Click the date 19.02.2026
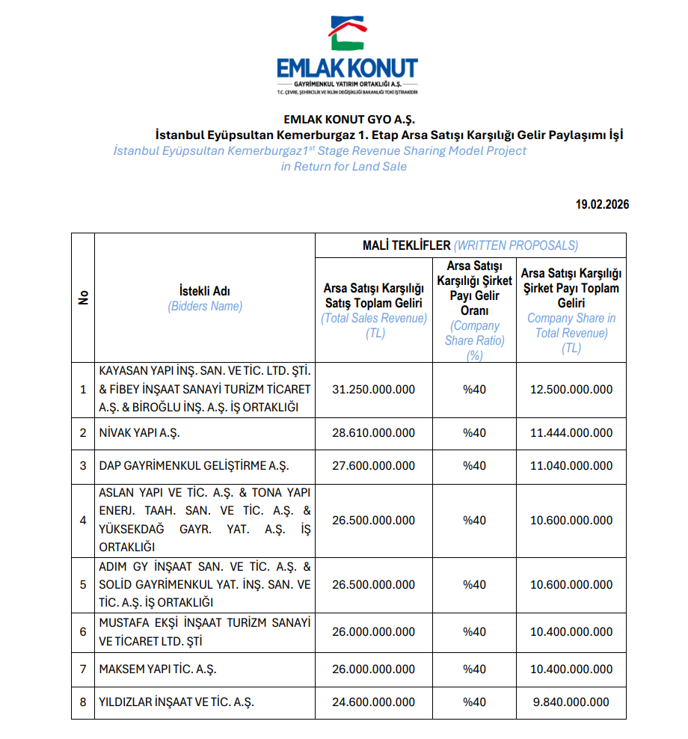pyautogui.click(x=602, y=204)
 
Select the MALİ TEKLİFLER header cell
pyautogui.click(x=470, y=245)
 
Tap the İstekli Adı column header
pyautogui.click(x=205, y=298)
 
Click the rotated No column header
pyautogui.click(x=83, y=298)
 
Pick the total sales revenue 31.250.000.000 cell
pyautogui.click(x=373, y=390)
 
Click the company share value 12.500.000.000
pyautogui.click(x=571, y=390)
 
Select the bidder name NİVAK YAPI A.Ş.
pyautogui.click(x=140, y=433)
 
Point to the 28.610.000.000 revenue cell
pyautogui.click(x=373, y=433)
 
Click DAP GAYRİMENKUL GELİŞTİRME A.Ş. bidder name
pyautogui.click(x=193, y=466)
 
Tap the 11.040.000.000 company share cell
pyautogui.click(x=571, y=466)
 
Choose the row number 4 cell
pyautogui.click(x=83, y=521)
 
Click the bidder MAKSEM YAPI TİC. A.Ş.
pyautogui.click(x=158, y=669)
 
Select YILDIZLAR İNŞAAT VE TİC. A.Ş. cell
pyautogui.click(x=176, y=702)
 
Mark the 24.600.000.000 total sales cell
pyautogui.click(x=373, y=702)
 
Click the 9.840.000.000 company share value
pyautogui.click(x=571, y=702)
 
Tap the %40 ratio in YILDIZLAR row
pyautogui.click(x=474, y=702)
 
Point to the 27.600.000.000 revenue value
pyautogui.click(x=373, y=466)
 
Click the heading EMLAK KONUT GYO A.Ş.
pyautogui.click(x=348, y=120)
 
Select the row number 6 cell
pyautogui.click(x=83, y=632)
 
